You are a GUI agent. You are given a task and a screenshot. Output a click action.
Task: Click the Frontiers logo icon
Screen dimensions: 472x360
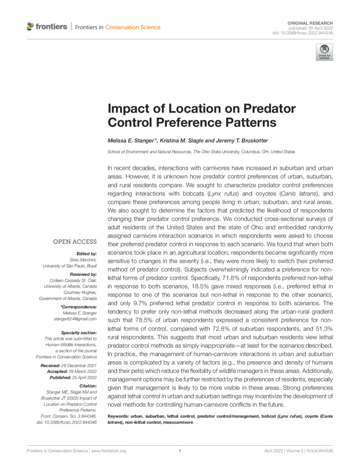point(30,27)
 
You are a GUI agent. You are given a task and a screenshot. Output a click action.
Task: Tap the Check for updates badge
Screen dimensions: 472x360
point(324,52)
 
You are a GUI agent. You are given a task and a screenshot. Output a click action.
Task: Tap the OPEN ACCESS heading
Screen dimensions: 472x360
point(75,242)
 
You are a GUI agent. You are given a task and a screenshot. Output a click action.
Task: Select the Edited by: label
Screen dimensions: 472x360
point(87,254)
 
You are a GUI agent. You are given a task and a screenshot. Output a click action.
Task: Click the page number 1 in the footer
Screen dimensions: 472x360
point(180,450)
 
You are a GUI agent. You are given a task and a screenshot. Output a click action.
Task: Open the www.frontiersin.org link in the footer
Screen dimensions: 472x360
point(108,450)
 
